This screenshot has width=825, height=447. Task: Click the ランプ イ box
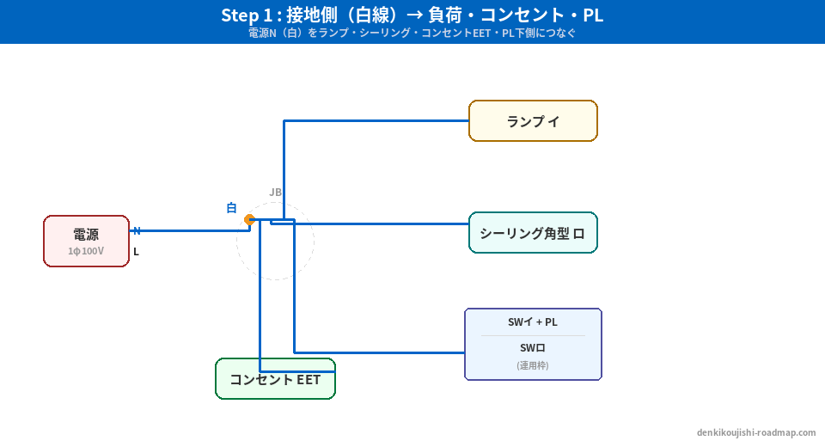pos(533,121)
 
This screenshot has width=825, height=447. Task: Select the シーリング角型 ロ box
pos(533,233)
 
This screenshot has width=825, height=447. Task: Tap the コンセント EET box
pos(275,379)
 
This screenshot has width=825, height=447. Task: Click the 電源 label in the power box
pos(86,235)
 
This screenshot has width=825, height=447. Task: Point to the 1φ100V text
pos(86,251)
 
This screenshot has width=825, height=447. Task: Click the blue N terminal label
pos(137,230)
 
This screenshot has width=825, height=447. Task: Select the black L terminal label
pos(136,252)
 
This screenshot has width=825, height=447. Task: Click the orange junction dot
pos(249,220)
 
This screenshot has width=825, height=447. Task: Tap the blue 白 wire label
pos(231,208)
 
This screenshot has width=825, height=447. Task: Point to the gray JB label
pos(275,193)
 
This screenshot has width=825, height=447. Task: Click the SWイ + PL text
pos(533,322)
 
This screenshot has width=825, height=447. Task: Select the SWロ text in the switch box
pos(533,348)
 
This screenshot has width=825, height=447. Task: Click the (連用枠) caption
pos(533,365)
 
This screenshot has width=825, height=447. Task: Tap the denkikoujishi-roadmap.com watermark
pos(755,433)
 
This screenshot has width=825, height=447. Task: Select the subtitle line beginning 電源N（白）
pos(412,34)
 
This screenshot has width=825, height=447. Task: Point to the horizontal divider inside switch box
pos(533,335)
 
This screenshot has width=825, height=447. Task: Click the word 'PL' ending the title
pos(591,15)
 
